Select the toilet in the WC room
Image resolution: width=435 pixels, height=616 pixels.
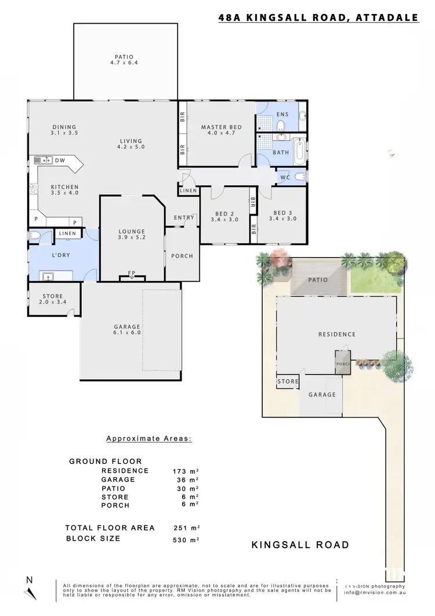tap(299, 177)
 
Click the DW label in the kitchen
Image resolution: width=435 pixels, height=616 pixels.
tap(60, 160)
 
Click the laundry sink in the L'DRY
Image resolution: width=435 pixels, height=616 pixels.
tap(47, 275)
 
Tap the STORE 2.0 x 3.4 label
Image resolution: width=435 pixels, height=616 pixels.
tap(53, 300)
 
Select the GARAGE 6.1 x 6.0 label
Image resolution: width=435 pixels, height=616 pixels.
tap(128, 330)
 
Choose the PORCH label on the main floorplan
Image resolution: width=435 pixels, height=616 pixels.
tap(182, 256)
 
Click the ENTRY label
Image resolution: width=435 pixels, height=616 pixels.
tap(184, 218)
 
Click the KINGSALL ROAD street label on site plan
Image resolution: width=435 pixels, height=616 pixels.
tap(300, 545)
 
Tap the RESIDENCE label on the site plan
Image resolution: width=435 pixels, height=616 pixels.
tap(337, 334)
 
